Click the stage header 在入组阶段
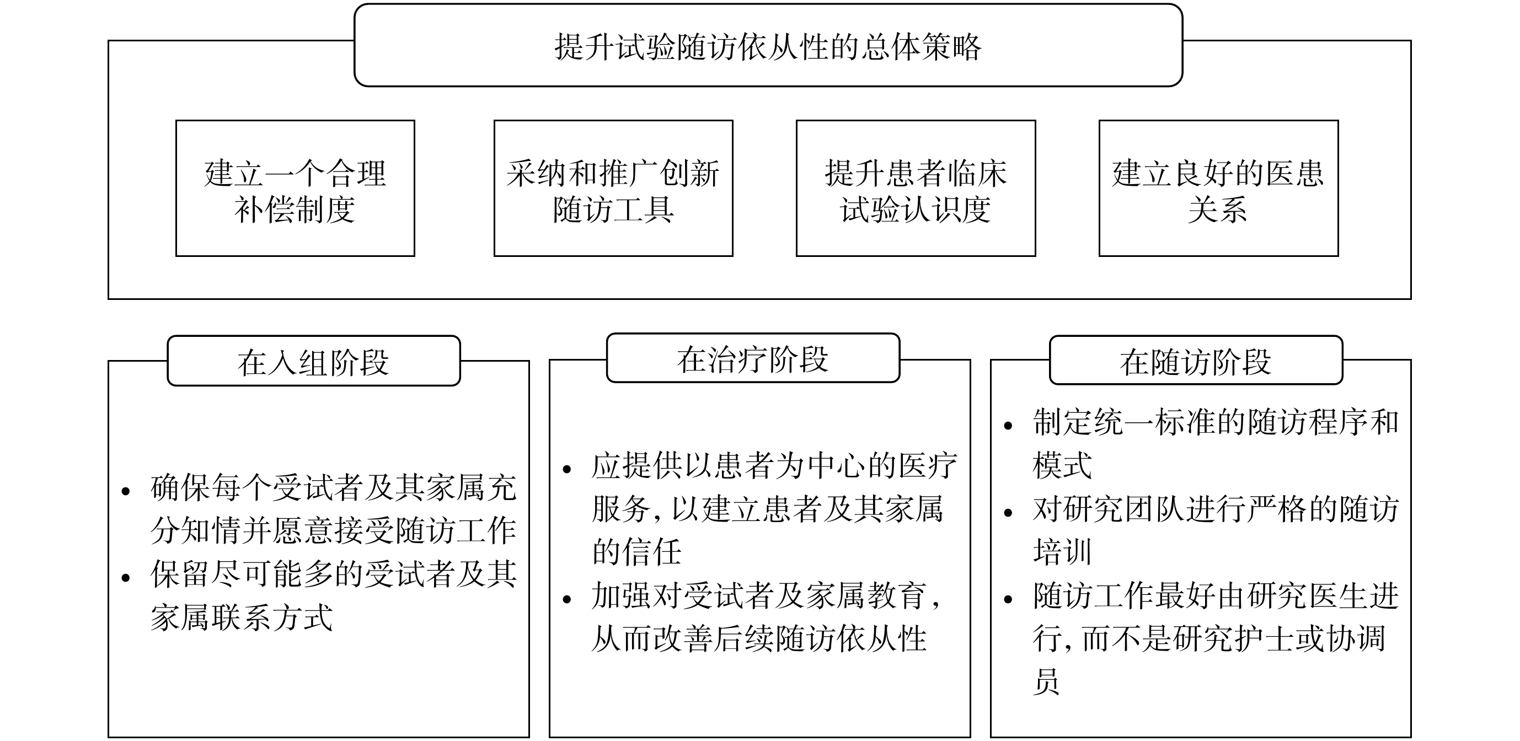coord(313,361)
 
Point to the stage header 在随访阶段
coord(1196,360)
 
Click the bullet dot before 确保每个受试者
coord(125,491)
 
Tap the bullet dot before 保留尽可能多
coord(125,578)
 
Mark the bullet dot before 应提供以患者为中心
coord(567,470)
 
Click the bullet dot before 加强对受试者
coord(567,600)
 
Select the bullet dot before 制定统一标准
coord(1008,426)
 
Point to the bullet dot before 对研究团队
coord(1008,513)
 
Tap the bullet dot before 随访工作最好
coord(1008,599)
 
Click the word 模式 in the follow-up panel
coord(1063,465)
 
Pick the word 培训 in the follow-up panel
coord(1063,552)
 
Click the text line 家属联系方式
coord(242,617)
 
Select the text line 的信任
coord(636,552)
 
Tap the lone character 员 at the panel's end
coord(1047,681)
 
